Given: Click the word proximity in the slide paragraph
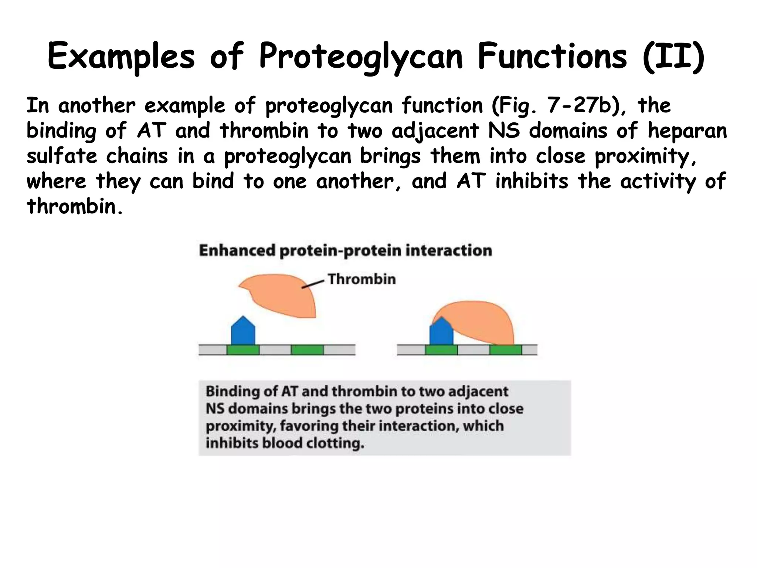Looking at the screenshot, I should point(645,156).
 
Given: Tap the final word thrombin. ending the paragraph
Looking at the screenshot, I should point(74,206).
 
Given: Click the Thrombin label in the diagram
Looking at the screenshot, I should point(361,279).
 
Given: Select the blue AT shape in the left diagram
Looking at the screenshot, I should point(243,332).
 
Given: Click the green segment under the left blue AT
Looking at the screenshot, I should point(243,349).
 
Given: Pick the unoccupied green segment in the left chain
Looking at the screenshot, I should point(307,349).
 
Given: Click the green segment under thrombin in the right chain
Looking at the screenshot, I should point(506,349).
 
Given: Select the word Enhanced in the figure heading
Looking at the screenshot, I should point(237,251).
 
